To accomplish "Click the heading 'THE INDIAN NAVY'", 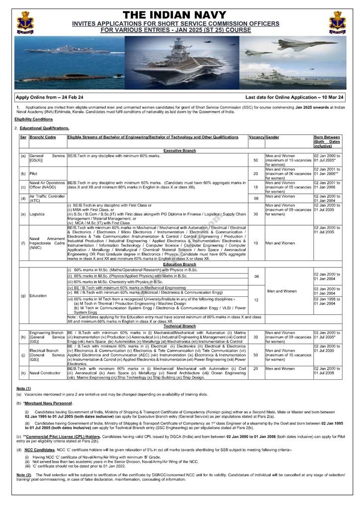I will pyautogui.click(x=180, y=15).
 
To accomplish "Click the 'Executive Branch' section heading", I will pyautogui.click(x=180, y=150).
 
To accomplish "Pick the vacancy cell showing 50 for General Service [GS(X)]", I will pyautogui.click(x=256, y=161).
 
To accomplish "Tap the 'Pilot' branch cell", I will pyautogui.click(x=34, y=173).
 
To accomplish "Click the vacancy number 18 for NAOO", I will pyautogui.click(x=256, y=187).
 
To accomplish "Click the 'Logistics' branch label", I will pyautogui.click(x=38, y=214).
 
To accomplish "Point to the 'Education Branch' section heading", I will pyautogui.click(x=180, y=265).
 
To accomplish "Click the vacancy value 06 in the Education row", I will pyautogui.click(x=256, y=276).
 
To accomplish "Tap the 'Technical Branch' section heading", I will pyautogui.click(x=180, y=326).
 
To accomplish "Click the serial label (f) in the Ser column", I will pyautogui.click(x=23, y=243).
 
